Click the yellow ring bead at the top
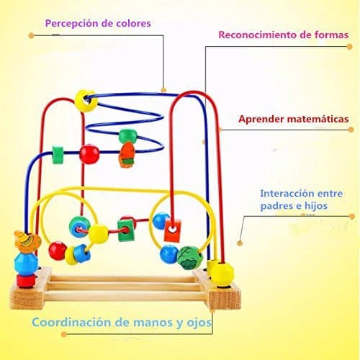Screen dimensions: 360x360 86,101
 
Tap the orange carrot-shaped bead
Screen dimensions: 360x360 126,155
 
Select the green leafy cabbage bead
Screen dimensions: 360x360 190,258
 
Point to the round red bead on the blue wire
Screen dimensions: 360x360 89,154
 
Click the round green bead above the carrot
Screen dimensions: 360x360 128,136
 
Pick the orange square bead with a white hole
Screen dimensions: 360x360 172,230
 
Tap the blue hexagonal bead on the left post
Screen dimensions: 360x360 26,264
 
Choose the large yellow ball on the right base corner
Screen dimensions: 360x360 221,274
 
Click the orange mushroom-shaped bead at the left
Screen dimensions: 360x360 27,242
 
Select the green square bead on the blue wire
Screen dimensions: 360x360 58,155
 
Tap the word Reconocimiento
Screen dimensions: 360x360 257,35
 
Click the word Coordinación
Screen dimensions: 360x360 71,322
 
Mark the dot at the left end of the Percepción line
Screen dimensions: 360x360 32,35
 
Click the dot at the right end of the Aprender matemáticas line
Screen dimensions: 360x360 351,130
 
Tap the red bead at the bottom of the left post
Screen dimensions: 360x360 25,282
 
